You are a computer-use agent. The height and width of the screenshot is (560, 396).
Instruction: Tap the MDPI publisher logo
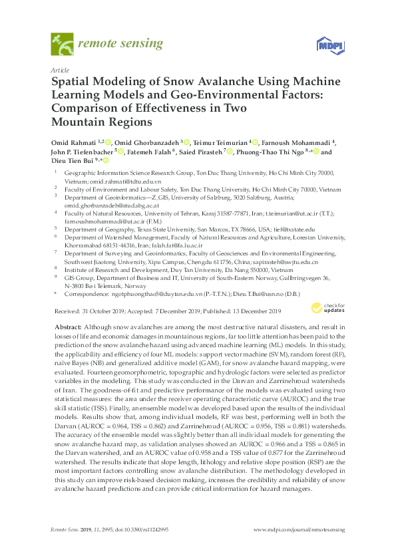(326, 45)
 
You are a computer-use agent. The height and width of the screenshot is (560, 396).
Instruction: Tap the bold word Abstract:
(66, 327)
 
